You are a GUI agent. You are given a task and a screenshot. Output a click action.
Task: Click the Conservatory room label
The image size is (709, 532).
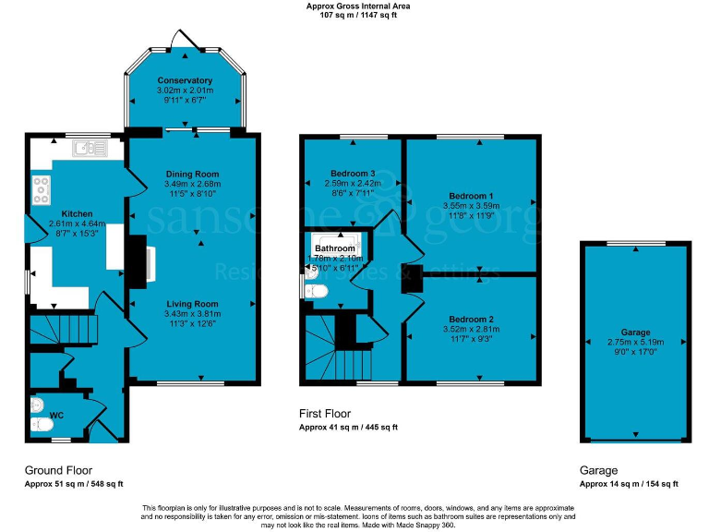pos(185,80)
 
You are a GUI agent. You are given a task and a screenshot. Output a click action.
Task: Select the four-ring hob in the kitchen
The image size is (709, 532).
pos(42,189)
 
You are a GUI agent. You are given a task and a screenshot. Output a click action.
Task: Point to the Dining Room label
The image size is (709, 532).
pos(192,174)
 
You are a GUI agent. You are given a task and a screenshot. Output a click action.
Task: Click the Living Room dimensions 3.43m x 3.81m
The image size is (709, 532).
pos(192,314)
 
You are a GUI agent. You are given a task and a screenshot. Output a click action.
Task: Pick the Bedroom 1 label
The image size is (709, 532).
pos(471,196)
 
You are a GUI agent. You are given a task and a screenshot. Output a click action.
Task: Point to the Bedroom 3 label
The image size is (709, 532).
pos(352,174)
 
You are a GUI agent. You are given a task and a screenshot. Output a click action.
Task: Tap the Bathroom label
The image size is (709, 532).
pos(334,248)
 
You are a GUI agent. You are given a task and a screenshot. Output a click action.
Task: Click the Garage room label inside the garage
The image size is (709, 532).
pos(635,332)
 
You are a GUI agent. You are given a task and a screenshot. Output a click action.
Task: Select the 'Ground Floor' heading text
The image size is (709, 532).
pos(58,470)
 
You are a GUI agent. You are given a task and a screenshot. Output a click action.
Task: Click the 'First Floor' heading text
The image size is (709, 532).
pos(325,414)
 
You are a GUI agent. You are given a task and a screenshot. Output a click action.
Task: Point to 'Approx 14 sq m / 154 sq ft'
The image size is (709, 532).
pos(629,484)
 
